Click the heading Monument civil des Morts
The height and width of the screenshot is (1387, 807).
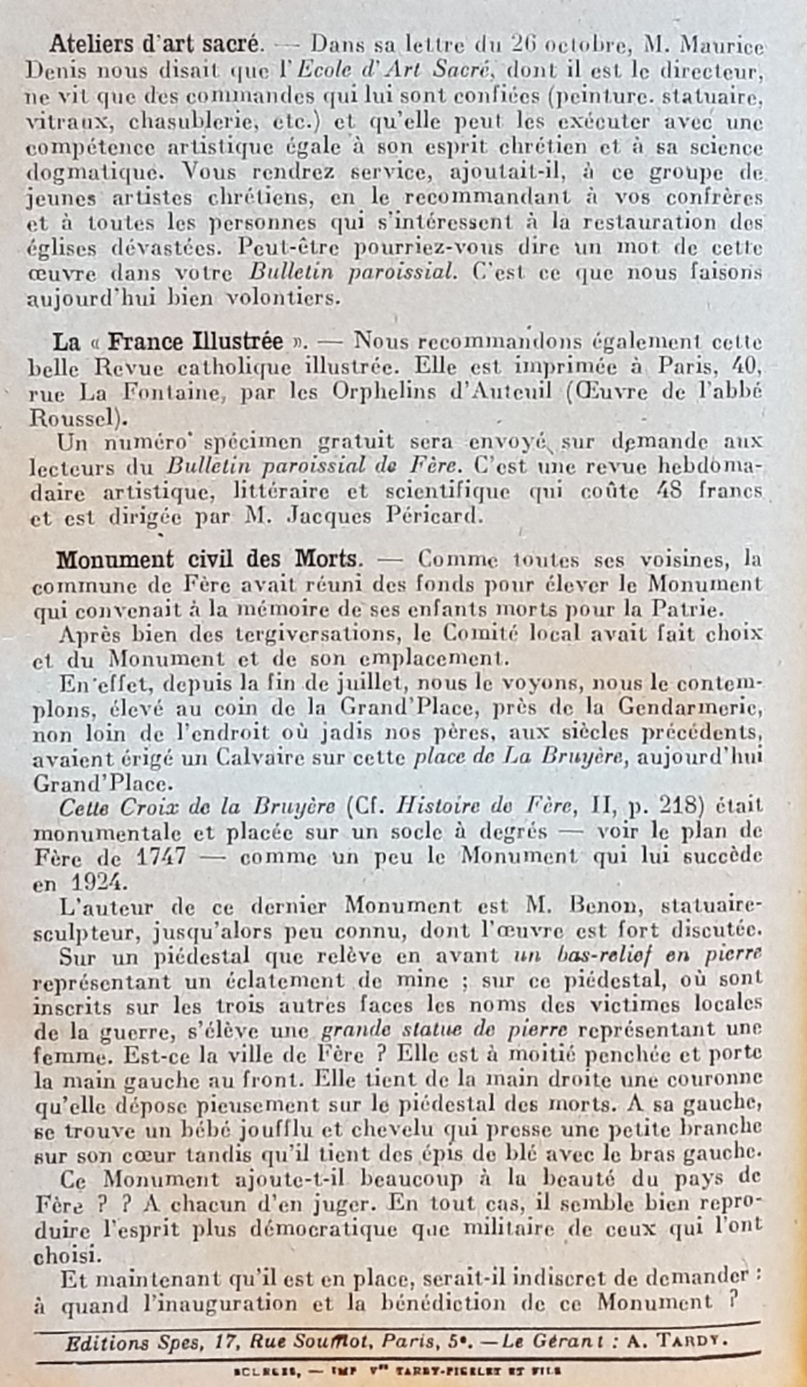207,560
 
